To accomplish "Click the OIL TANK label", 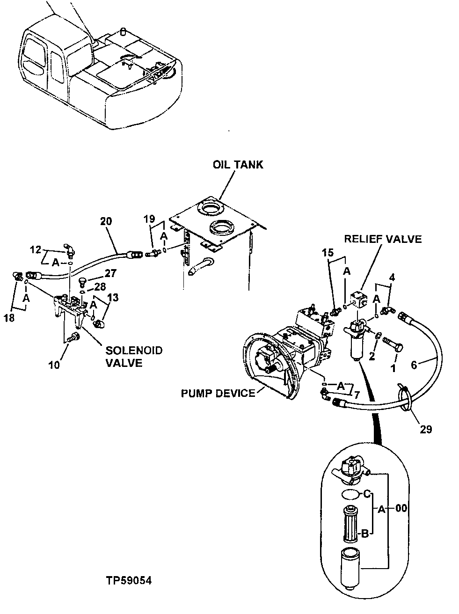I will [x=238, y=165].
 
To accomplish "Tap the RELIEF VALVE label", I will [x=383, y=239].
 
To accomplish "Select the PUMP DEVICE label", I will [x=218, y=393].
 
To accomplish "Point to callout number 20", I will [x=106, y=221].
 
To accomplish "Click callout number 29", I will [x=426, y=429].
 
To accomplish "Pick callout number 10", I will [x=55, y=365].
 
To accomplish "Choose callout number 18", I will [x=8, y=318].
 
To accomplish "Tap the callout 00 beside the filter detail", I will [x=401, y=509].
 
